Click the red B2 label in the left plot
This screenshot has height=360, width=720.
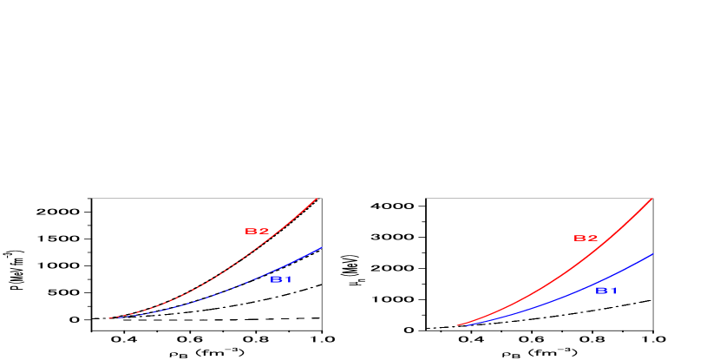pyautogui.click(x=258, y=232)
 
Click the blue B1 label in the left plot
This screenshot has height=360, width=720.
pyautogui.click(x=281, y=279)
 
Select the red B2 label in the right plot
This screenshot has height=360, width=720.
pyautogui.click(x=586, y=239)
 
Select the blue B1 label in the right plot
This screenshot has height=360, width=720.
pyautogui.click(x=606, y=291)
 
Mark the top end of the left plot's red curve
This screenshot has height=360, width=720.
pyautogui.click(x=317, y=198)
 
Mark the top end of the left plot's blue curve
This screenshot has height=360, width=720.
pyautogui.click(x=322, y=247)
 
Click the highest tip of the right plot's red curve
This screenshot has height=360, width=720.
pyautogui.click(x=652, y=198)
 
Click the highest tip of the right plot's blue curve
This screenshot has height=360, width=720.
pyautogui.click(x=653, y=254)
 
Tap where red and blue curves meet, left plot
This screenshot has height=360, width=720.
pyautogui.click(x=109, y=318)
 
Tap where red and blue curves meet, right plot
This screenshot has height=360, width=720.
pyautogui.click(x=457, y=326)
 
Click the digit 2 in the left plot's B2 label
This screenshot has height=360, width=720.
pyautogui.click(x=264, y=232)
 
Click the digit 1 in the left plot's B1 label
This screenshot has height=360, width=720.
pyautogui.click(x=287, y=279)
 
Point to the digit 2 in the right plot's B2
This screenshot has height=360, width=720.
pyautogui.click(x=592, y=239)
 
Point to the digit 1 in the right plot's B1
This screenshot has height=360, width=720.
pyautogui.click(x=612, y=291)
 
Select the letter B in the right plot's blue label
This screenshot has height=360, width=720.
pyautogui.click(x=600, y=291)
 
